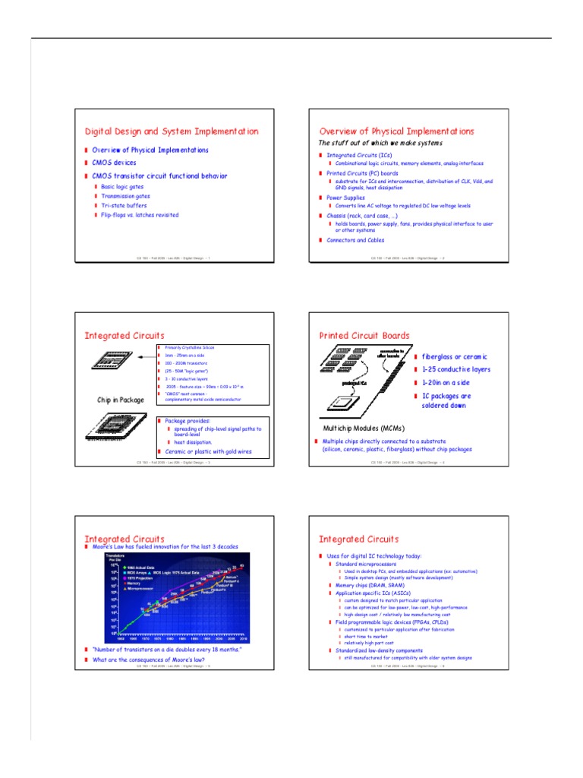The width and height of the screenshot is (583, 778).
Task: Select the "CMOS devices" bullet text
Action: (x=114, y=163)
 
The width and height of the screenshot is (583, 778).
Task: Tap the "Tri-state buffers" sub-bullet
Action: (x=124, y=205)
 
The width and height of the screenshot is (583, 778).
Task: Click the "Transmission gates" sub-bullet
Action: (x=125, y=195)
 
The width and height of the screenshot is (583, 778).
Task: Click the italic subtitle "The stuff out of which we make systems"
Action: (x=380, y=143)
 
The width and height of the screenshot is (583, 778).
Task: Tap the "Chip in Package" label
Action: (x=120, y=400)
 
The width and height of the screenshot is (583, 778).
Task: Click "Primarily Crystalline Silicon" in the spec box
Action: (x=190, y=347)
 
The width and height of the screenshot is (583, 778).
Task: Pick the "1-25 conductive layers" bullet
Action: (x=455, y=369)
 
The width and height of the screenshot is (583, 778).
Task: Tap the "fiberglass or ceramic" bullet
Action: (x=454, y=356)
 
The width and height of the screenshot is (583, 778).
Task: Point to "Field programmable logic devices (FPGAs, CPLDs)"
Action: (x=393, y=622)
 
